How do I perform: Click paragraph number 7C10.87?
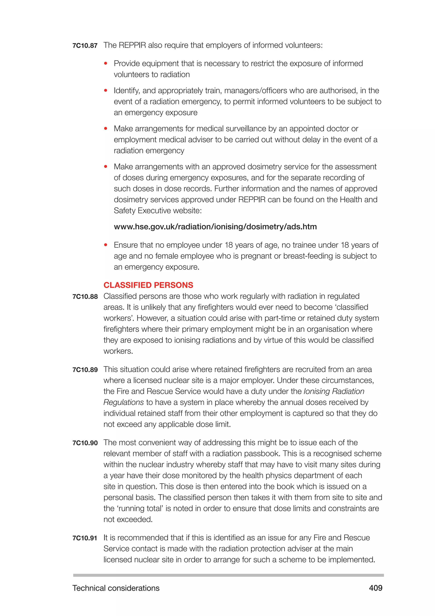(85, 46)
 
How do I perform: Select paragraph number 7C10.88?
(85, 297)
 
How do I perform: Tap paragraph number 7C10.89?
(85, 370)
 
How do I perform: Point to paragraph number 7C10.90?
(85, 443)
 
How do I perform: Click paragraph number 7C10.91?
(85, 538)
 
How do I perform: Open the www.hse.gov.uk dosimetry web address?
(215, 227)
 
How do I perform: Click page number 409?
(376, 588)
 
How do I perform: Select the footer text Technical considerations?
(116, 588)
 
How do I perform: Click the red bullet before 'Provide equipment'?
(106, 64)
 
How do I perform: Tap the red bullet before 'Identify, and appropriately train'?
(106, 91)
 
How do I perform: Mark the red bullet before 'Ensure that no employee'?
(106, 245)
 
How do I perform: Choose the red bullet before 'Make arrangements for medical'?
(106, 129)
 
